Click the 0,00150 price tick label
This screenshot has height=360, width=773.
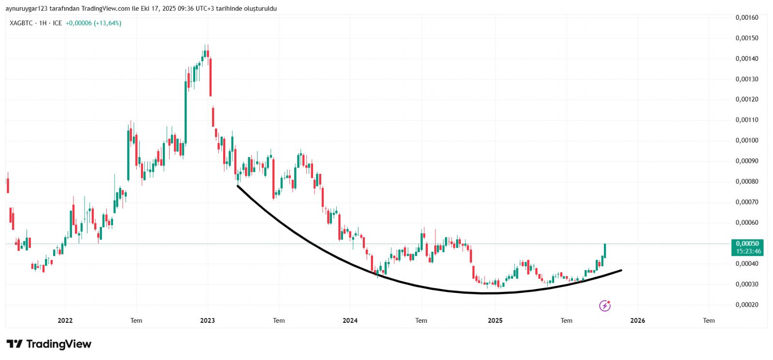(x=747, y=38)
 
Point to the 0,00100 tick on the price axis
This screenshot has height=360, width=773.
(x=747, y=141)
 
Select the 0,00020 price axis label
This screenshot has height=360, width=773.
(x=747, y=305)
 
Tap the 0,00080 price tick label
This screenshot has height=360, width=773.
(x=747, y=182)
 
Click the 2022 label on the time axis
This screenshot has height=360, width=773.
(x=65, y=320)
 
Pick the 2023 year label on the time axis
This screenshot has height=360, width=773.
(x=208, y=320)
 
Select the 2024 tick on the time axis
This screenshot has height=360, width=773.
(x=350, y=320)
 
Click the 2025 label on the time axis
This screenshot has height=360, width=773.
(x=495, y=320)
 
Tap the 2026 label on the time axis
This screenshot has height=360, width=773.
(x=638, y=320)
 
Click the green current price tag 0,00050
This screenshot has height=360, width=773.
(x=747, y=244)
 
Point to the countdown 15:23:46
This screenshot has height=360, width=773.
(x=748, y=251)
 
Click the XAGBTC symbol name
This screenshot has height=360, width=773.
(x=21, y=23)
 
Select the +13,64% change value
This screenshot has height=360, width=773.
(x=108, y=23)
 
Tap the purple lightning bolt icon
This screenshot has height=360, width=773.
(x=605, y=305)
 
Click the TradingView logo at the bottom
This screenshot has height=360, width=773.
(x=49, y=344)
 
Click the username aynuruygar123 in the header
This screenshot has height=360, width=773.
(x=27, y=9)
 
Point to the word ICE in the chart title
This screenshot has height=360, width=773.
(x=57, y=23)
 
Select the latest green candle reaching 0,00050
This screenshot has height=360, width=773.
(x=605, y=250)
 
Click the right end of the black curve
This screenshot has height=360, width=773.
(x=621, y=270)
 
